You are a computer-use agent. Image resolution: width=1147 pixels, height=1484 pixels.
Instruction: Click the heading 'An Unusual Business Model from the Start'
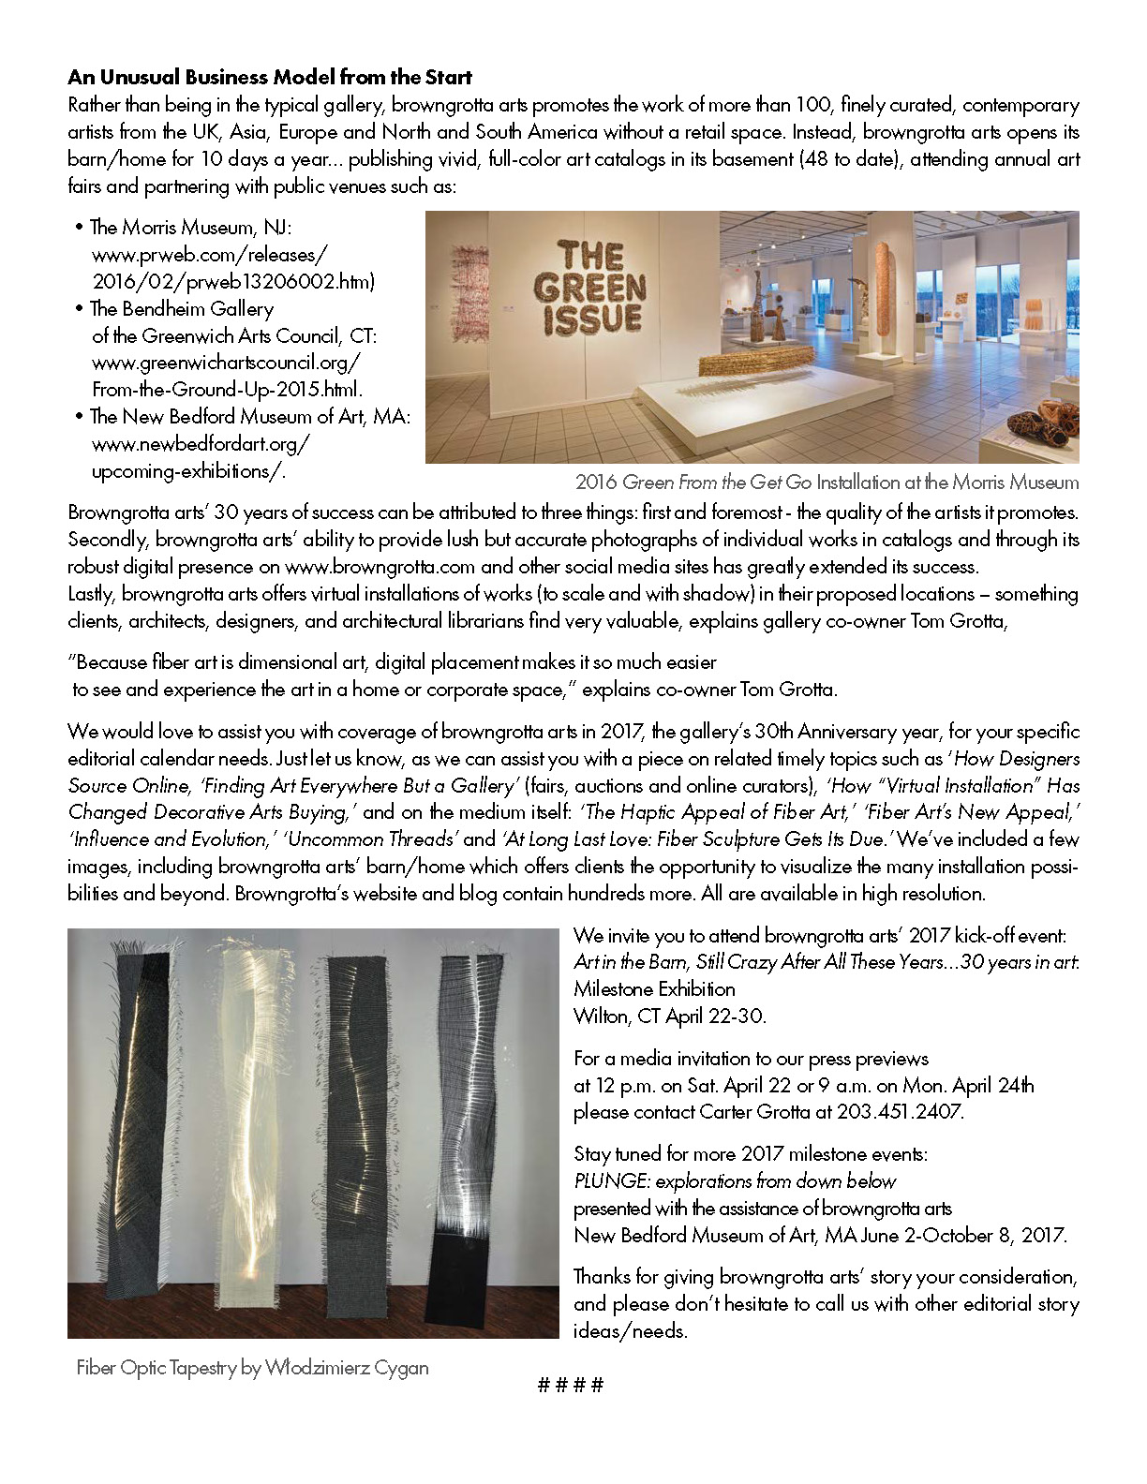270,77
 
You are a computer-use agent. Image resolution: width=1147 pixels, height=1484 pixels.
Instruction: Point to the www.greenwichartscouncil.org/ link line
225,362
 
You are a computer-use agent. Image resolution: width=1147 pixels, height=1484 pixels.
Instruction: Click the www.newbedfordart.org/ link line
201,443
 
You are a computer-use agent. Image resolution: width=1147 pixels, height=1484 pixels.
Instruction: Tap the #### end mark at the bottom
571,1385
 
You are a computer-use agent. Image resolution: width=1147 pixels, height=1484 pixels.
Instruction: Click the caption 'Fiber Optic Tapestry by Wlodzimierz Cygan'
252,1367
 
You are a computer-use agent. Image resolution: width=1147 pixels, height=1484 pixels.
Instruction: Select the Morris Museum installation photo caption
827,482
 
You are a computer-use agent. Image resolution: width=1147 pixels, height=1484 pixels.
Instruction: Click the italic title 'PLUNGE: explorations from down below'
735,1180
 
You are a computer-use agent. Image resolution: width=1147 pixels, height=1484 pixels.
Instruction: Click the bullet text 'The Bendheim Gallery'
182,308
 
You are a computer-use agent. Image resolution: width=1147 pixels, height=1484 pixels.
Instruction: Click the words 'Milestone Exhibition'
654,988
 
